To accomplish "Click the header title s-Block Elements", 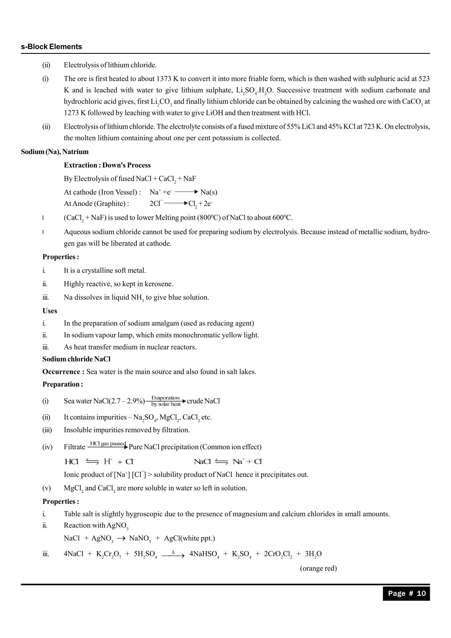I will [51, 47].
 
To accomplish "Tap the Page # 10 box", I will [406, 593].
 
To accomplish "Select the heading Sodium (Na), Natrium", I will [55, 152].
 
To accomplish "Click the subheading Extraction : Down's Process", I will [107, 165].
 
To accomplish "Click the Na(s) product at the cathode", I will [209, 192].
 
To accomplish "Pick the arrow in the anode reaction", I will [176, 203].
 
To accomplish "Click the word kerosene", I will [159, 284].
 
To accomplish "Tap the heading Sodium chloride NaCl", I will [76, 359].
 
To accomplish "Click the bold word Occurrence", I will [63, 372].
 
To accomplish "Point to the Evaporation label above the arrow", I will [165, 398].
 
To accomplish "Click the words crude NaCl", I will [203, 401].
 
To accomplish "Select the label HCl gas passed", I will [108, 444].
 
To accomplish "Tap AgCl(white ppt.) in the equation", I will [189, 538].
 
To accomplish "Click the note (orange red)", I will [318, 568].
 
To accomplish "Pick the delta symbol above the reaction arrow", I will [173, 552].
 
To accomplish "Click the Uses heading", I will [50, 311].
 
